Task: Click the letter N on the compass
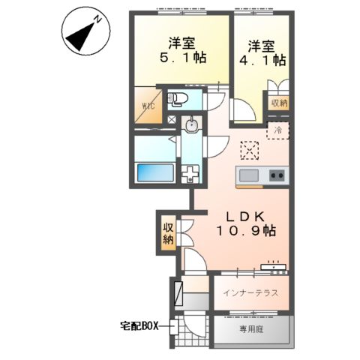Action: [97, 19]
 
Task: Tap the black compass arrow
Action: [79, 37]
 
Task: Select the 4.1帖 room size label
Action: [262, 60]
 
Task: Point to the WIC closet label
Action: [148, 106]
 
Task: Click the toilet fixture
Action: [177, 99]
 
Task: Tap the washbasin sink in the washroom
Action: [191, 124]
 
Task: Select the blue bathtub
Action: [155, 172]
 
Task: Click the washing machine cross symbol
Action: [190, 173]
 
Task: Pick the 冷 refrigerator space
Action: [277, 130]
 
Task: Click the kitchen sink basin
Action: [249, 175]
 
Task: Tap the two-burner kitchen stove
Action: [277, 175]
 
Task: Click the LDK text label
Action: [245, 217]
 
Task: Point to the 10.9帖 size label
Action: [246, 230]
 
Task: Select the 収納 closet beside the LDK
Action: [168, 234]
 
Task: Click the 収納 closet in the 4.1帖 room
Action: [279, 103]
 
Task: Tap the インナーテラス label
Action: [250, 292]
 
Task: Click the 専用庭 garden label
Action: [251, 329]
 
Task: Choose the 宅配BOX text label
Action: [139, 326]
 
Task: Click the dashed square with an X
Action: [250, 151]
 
